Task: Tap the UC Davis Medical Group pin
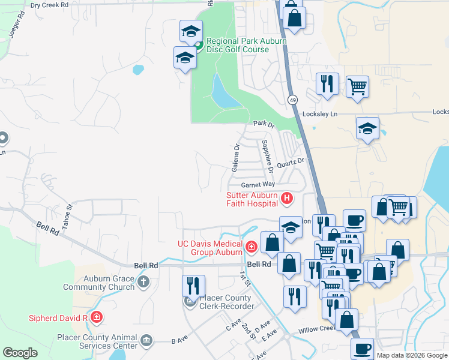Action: point(251,246)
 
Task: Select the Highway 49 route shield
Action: point(292,100)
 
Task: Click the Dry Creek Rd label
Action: point(49,4)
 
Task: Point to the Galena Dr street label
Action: point(236,158)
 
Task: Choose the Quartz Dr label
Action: point(291,163)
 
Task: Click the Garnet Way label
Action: point(258,184)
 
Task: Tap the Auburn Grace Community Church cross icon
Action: point(143,281)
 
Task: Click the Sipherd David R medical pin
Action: point(96,317)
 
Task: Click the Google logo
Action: point(20,353)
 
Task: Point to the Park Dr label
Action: point(263,124)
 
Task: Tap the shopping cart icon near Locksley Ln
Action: point(357,86)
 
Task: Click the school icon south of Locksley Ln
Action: point(367,128)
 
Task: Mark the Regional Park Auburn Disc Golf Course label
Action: point(246,45)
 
